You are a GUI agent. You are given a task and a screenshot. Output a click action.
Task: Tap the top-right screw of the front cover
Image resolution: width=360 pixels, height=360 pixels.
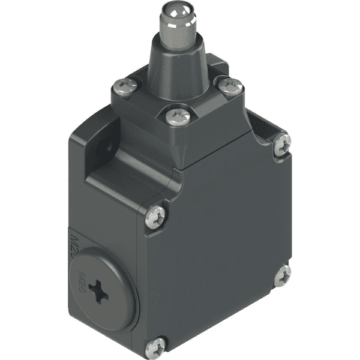click(282, 143)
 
